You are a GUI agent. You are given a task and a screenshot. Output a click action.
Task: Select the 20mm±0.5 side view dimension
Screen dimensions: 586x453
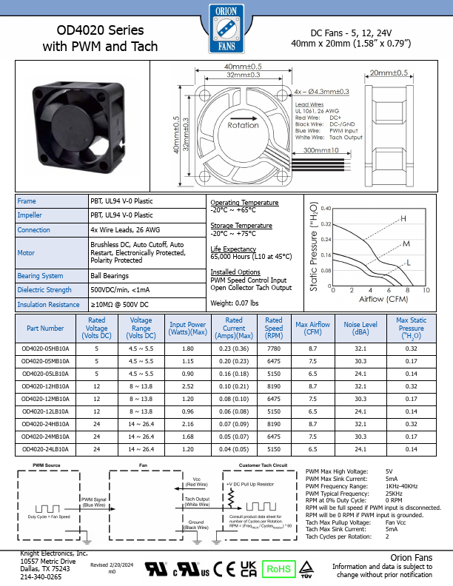388,73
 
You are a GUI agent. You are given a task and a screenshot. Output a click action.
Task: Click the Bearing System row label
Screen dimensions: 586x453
40,275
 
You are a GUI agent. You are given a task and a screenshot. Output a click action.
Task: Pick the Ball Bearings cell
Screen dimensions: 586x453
107,275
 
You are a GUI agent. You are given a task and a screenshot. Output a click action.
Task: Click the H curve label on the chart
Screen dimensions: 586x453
403,218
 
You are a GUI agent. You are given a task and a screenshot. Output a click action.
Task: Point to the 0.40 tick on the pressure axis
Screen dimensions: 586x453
325,209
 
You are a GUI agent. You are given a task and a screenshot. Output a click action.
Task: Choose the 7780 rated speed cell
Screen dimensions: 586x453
274,347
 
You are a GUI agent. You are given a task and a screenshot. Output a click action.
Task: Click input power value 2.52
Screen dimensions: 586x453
188,385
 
